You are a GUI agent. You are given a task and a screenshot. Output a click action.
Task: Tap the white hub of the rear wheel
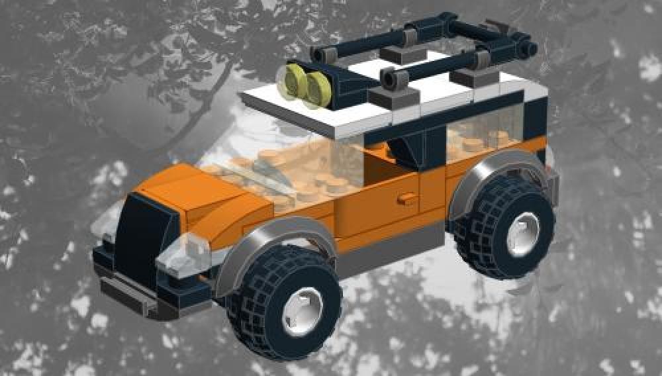pos(523,235)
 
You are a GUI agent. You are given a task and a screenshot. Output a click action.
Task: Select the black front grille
pos(139,232)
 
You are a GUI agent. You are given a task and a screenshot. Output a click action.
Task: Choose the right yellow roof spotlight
pos(319,89)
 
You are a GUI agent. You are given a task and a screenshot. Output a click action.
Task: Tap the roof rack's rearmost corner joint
pos(528,48)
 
